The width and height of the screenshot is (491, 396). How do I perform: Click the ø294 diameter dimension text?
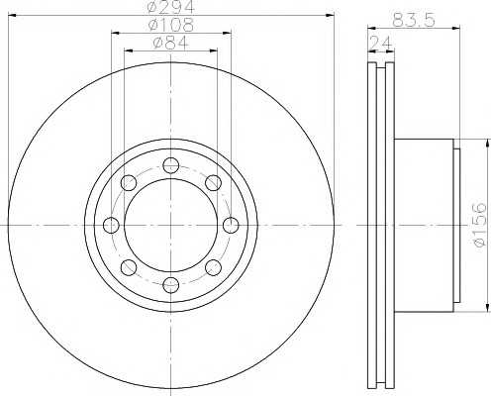pos(170,7)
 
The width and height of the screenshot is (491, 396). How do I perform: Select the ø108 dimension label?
pos(170,25)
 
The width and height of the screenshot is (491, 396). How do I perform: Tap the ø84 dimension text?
pos(170,43)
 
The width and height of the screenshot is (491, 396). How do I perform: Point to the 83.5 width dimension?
pos(414,20)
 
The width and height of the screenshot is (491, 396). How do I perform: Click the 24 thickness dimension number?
pos(381,43)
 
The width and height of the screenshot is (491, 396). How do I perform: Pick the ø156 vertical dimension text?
pos(479,225)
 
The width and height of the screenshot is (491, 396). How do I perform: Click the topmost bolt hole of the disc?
pos(171,165)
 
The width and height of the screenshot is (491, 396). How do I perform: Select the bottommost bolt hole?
pos(171,285)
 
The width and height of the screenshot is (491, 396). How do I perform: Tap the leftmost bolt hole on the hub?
pos(111,226)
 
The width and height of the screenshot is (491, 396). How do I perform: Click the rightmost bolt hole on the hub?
pos(231,226)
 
